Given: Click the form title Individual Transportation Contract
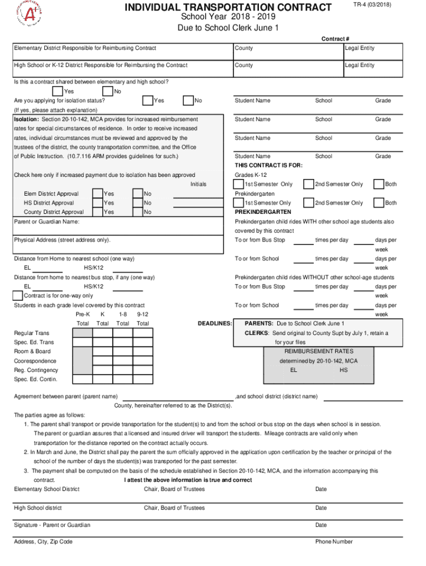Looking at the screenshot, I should [x=228, y=7].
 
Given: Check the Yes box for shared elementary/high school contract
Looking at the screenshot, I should [x=57, y=91].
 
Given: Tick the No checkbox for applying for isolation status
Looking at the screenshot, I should [x=188, y=101].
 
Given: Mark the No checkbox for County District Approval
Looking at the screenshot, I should [x=138, y=212].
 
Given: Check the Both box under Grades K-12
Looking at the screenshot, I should [x=378, y=184].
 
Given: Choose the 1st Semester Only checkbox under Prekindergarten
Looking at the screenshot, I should [x=239, y=203].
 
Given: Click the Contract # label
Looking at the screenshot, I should [x=335, y=39].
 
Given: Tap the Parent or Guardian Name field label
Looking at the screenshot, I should [x=46, y=222].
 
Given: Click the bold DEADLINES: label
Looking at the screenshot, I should [x=215, y=323].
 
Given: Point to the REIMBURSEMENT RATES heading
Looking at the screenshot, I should [x=318, y=352].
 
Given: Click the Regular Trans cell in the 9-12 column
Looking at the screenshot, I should [x=143, y=333].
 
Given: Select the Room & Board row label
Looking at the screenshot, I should [x=32, y=352].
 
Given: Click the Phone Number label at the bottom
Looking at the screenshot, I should [x=334, y=542].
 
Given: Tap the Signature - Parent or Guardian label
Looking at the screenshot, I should [x=52, y=525].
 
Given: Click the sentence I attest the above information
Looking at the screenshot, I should [x=188, y=480].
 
